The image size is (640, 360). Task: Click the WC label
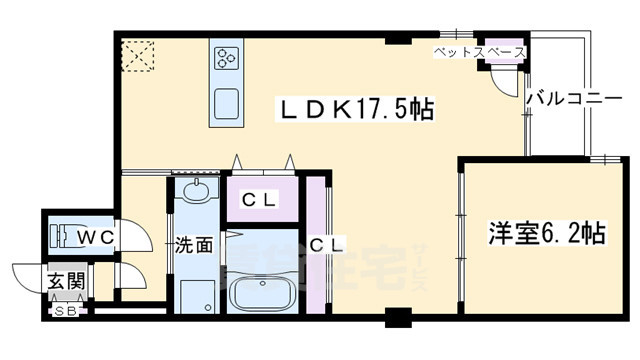click(x=96, y=236)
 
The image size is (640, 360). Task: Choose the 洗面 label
click(x=193, y=243)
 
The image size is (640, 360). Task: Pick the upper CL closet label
click(x=260, y=198)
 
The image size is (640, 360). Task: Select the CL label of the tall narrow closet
click(x=326, y=243)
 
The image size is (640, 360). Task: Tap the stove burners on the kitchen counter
click(x=224, y=58)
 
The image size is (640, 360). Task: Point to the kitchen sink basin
click(x=225, y=101)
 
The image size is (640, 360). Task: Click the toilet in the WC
click(x=66, y=236)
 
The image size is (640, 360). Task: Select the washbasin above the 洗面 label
click(x=194, y=190)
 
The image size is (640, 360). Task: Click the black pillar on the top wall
click(x=398, y=37)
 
